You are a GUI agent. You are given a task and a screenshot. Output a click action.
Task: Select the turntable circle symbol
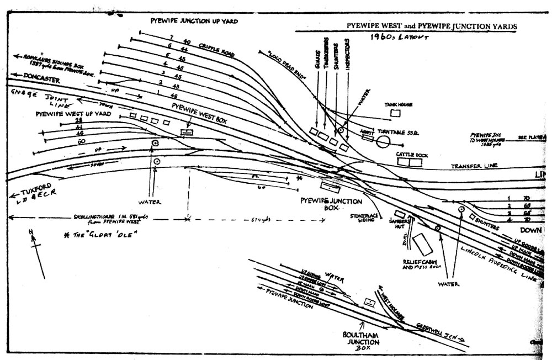pos(383,142)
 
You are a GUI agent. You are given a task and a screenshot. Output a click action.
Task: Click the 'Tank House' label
pos(396,104)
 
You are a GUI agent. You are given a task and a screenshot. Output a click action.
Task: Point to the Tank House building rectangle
pos(395,113)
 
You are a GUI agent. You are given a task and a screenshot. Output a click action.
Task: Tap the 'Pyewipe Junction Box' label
pos(331,205)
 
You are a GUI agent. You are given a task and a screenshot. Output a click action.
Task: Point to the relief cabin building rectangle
pos(424,243)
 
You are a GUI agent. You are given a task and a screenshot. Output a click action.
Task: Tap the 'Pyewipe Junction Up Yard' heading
pos(194,20)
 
